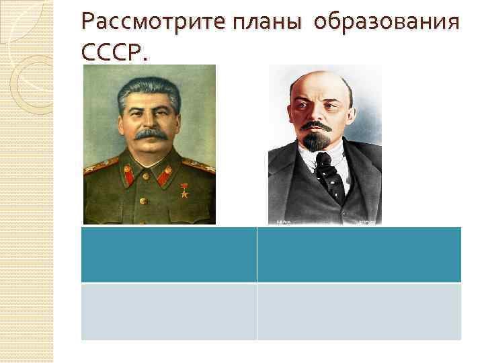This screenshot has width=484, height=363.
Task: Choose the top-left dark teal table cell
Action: pos(169,254)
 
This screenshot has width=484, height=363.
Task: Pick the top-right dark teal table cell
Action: pos(359,254)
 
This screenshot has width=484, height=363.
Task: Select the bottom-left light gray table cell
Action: pos(169,311)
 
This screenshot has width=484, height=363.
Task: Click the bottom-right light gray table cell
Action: pos(359,311)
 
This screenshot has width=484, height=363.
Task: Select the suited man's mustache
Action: pos(316,126)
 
